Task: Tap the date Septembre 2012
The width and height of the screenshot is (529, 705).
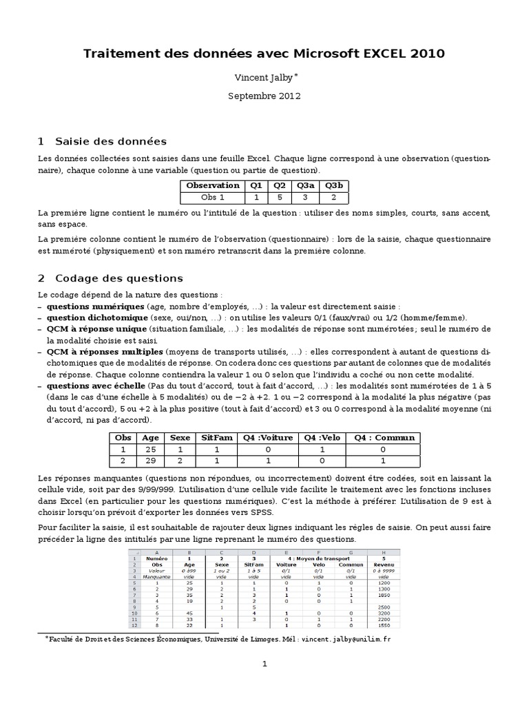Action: pyautogui.click(x=264, y=96)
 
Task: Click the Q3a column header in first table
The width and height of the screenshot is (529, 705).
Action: pyautogui.click(x=304, y=185)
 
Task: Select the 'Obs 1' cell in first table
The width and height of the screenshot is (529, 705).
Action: pyautogui.click(x=213, y=197)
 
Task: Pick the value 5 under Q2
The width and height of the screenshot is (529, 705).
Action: pyautogui.click(x=279, y=197)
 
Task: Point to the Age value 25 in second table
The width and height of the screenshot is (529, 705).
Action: pyautogui.click(x=149, y=448)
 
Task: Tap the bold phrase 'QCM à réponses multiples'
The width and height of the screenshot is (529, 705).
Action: pyautogui.click(x=101, y=352)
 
